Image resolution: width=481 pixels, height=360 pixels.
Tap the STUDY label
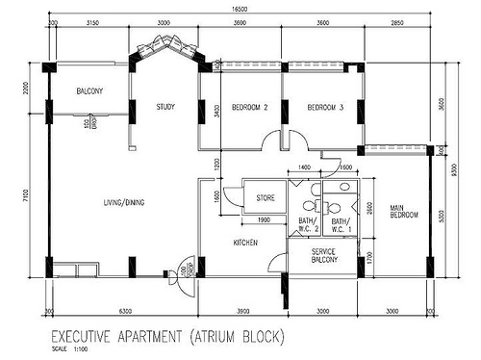pyautogui.click(x=165, y=107)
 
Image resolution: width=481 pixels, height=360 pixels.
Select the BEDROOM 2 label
pyautogui.click(x=249, y=107)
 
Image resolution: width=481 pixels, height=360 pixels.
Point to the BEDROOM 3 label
pyautogui.click(x=325, y=107)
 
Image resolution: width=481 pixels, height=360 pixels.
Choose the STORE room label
pyautogui.click(x=266, y=198)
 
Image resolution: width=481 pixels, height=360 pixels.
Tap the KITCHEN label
pyautogui.click(x=244, y=244)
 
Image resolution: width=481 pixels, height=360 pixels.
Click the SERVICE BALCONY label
pyautogui.click(x=323, y=255)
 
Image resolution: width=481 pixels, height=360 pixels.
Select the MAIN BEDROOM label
pyautogui.click(x=403, y=211)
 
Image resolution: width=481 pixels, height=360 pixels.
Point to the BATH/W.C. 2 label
pyautogui.click(x=307, y=226)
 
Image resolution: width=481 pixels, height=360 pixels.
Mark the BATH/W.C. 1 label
pyautogui.click(x=342, y=226)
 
